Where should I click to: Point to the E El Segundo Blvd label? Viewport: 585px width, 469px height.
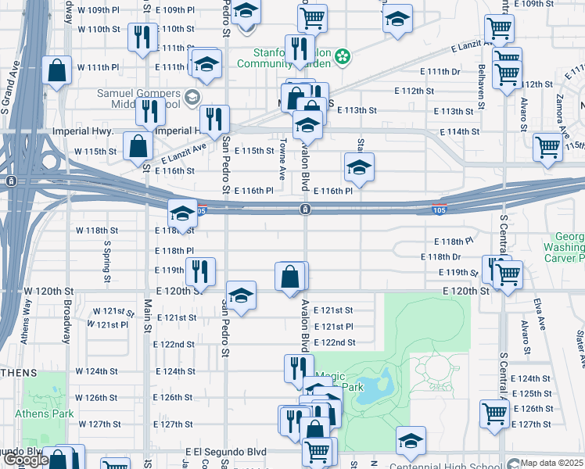(226, 452)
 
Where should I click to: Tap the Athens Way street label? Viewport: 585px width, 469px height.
(27, 319)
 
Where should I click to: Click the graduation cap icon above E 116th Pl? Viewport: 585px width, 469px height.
(359, 166)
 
